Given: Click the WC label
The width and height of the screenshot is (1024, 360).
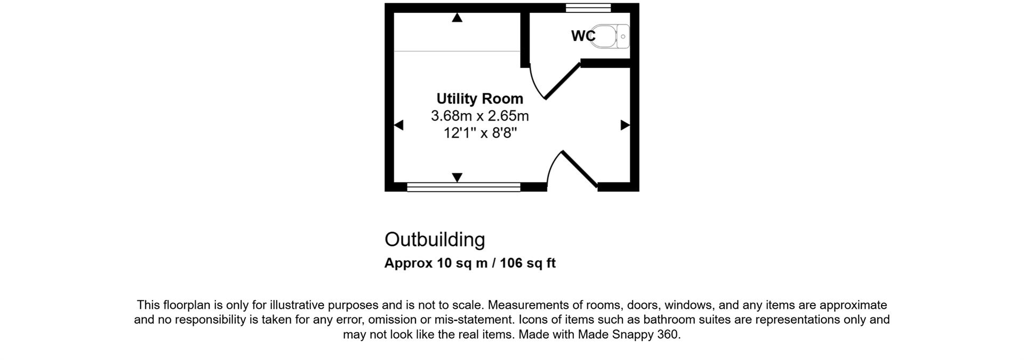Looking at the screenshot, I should coord(582,36).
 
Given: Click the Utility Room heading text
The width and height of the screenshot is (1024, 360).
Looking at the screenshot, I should coord(479,99).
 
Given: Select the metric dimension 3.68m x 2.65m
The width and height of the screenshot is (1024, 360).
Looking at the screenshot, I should coord(479,116).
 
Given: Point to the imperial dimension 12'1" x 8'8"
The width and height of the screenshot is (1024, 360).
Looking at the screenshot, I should coord(480,133).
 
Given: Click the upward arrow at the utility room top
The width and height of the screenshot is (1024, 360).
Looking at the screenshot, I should coord(457,18).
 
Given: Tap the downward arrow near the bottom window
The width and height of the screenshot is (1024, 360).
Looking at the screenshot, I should coord(457,177).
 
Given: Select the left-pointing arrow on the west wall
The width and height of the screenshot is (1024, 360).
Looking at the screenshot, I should coord(398,125).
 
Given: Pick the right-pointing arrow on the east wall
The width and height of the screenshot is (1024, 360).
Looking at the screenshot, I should coord(625,125).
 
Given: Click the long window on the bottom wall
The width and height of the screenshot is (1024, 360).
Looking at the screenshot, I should coord(463,187).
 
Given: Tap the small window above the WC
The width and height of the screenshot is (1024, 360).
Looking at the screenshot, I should coord(588,7).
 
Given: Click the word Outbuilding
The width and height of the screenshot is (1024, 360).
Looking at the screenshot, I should coord(435,239).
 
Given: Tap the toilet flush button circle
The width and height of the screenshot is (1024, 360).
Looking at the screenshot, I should coord(623,37).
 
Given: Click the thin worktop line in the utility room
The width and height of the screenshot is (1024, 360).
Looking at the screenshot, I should coord(457,52).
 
